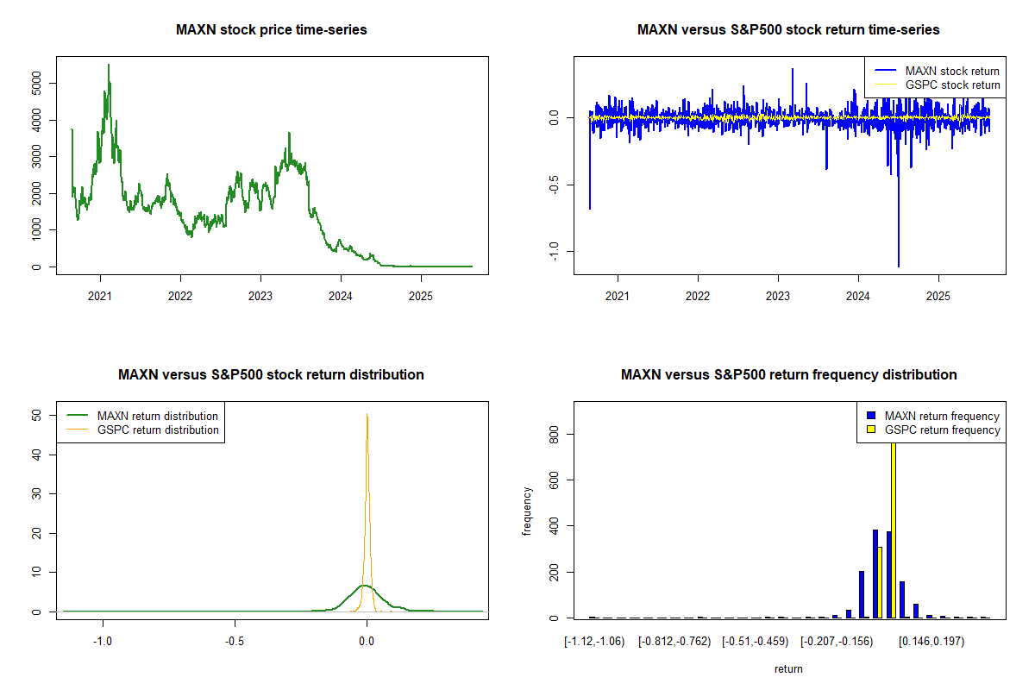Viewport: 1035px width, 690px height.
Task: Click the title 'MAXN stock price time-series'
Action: [x=272, y=30]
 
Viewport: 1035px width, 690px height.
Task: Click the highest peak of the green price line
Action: [x=109, y=65]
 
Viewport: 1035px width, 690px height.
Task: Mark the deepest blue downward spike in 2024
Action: [x=898, y=266]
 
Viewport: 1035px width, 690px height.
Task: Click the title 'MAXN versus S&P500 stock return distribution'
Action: [x=271, y=375]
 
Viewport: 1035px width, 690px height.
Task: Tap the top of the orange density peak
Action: [x=367, y=414]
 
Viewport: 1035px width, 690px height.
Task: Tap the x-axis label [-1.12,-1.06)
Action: [x=594, y=642]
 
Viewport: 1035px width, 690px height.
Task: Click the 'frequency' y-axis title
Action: [x=527, y=511]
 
